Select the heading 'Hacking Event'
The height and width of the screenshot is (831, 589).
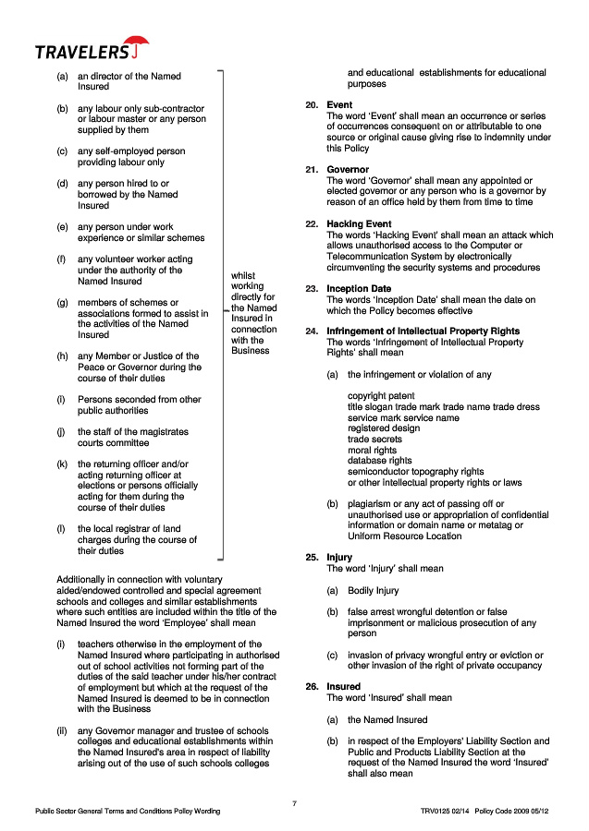359,224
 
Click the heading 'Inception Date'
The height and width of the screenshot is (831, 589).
359,289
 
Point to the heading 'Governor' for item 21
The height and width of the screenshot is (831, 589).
348,170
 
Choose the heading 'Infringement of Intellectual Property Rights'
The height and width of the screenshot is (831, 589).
423,331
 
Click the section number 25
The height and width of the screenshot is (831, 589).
311,558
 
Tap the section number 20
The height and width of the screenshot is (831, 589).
311,105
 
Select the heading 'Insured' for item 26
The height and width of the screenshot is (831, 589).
343,687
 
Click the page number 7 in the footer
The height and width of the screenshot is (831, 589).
294,803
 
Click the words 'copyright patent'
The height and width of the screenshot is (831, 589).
381,396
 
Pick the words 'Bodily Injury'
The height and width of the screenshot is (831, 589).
374,590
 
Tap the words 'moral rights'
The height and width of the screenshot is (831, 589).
372,450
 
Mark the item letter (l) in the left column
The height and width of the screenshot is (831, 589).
61,529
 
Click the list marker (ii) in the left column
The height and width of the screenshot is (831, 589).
62,731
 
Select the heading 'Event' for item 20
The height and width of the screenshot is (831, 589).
339,105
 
